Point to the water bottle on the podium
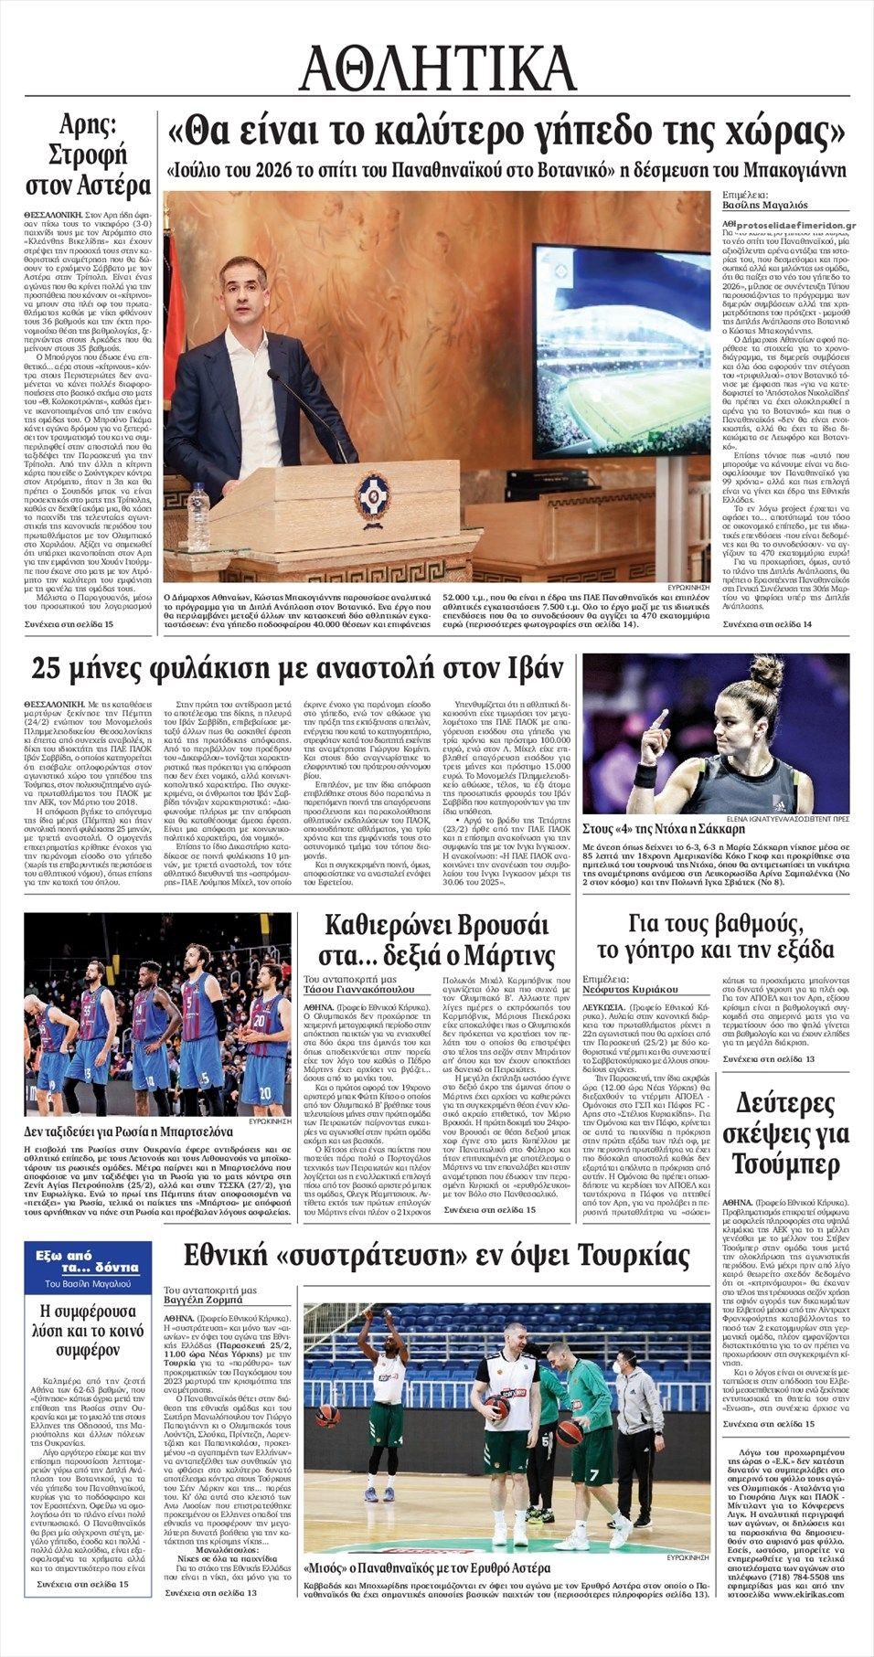(x=198, y=516)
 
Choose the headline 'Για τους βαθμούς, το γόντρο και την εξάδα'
(x=715, y=934)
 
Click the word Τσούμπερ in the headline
(x=785, y=1164)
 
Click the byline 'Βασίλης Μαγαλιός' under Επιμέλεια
(x=759, y=207)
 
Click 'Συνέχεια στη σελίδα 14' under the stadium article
(x=767, y=623)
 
